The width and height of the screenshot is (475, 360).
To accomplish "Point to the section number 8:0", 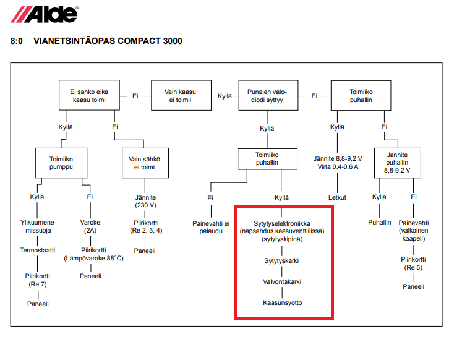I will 17,41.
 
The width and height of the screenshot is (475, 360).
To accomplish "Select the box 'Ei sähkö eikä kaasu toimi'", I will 87,96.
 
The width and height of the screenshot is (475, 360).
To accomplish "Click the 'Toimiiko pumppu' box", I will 61,163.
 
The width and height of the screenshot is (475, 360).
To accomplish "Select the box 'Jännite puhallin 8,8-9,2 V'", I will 396,162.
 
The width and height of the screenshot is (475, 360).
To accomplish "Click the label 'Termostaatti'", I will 38,251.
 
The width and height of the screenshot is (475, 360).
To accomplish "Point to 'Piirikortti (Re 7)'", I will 36,280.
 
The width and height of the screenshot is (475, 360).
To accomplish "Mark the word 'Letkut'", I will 337,198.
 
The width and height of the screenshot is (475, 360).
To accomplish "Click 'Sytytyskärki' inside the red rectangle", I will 283,261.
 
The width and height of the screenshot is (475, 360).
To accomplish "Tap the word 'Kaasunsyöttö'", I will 283,303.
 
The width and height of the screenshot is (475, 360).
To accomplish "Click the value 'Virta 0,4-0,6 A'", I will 336,166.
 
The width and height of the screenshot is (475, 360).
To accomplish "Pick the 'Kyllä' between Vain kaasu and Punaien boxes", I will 225,96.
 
